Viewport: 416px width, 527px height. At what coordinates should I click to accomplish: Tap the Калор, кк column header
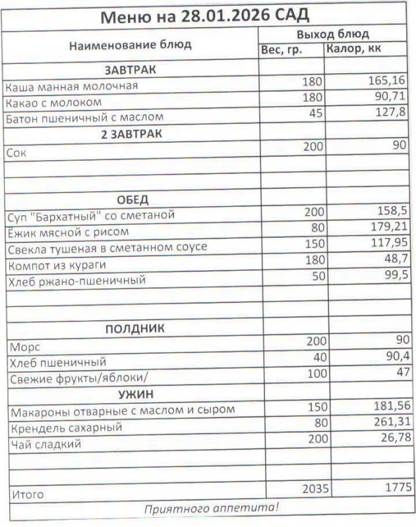(x=353, y=49)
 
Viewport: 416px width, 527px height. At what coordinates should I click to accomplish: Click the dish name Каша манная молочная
(x=72, y=86)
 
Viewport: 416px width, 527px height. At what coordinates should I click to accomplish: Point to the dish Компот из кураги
(x=56, y=265)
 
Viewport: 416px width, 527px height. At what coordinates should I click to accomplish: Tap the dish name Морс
(x=22, y=346)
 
